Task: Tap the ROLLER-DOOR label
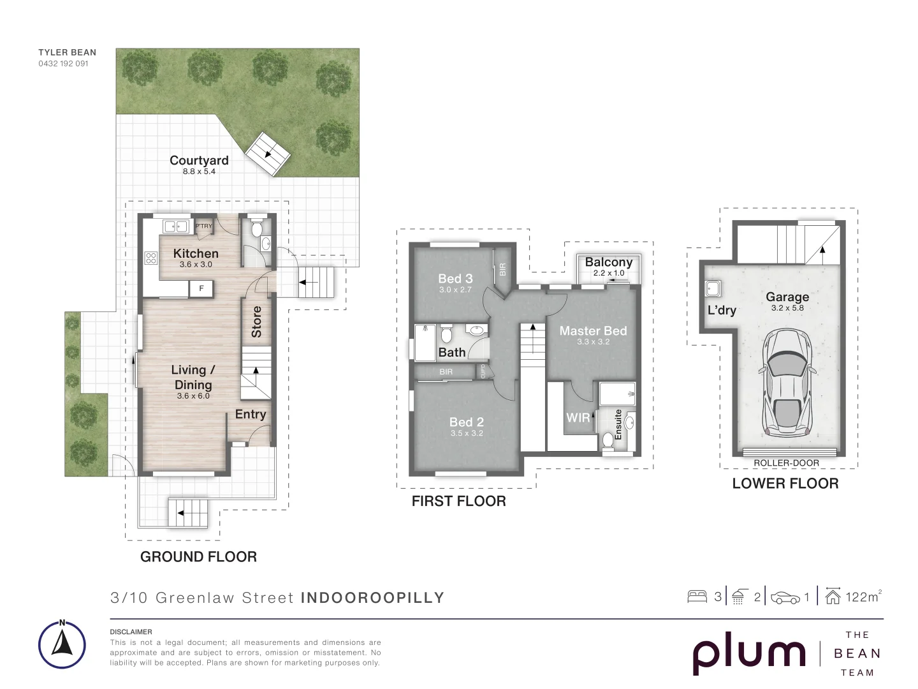point(786,463)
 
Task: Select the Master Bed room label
point(593,331)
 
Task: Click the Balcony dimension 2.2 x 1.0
point(609,273)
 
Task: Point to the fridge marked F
point(201,288)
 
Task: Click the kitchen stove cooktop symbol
point(151,258)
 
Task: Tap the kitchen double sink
point(176,226)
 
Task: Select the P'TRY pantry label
point(204,226)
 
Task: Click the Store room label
point(256,322)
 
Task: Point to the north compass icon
point(62,644)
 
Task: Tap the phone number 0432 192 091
point(63,64)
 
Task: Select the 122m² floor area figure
point(863,596)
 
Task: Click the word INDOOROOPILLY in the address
point(372,597)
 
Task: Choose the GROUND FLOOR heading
point(198,557)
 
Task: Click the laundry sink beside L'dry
point(712,288)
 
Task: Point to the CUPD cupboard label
point(483,371)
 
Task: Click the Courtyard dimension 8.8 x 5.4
point(199,172)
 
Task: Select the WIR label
point(578,417)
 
